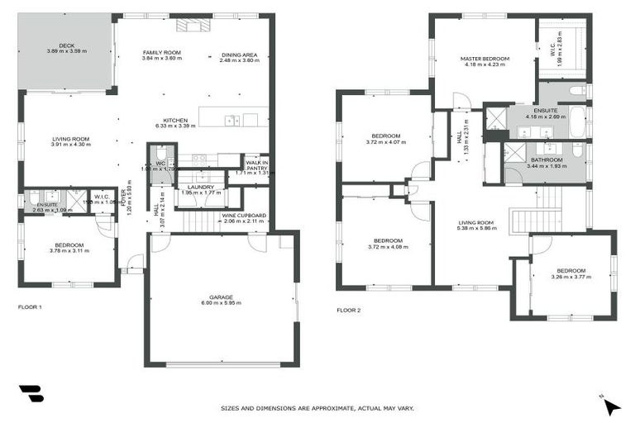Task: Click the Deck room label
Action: [x=66, y=46]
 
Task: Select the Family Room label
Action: [x=161, y=52]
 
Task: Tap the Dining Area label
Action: [x=239, y=55]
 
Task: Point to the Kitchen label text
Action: [x=175, y=120]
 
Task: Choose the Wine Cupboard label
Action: [x=243, y=216]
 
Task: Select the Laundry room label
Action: [x=201, y=187]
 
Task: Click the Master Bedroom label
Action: [x=485, y=59]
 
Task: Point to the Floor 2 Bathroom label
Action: [x=547, y=159]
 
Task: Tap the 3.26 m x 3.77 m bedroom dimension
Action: [x=571, y=278]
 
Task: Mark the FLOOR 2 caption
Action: [x=348, y=311]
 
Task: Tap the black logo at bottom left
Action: [x=31, y=394]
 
